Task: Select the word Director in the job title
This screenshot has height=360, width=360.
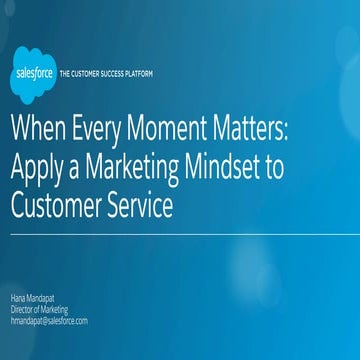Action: (x=24, y=311)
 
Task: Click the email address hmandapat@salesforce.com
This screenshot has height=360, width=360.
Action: (x=50, y=321)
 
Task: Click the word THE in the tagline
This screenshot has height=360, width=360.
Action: (x=66, y=75)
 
